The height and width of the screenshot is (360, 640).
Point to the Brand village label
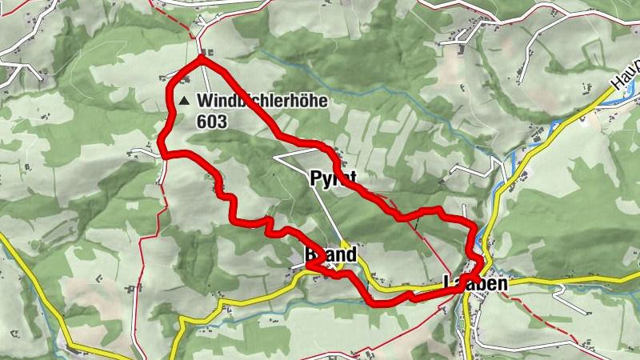330,254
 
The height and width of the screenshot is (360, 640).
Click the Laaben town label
476,282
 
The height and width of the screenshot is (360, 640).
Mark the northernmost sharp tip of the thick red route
202,58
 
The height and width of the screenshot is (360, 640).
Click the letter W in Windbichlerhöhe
206,102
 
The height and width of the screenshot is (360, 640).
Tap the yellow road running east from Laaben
576,279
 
